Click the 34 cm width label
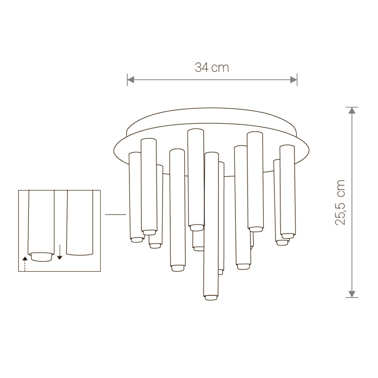click(212, 68)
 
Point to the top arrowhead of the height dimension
click(352, 111)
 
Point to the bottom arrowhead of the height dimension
click(352, 294)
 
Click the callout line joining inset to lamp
click(115, 215)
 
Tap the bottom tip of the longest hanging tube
click(211, 298)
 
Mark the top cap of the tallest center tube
click(196, 131)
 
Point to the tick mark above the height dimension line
click(352, 107)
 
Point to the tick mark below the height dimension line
click(352, 298)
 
